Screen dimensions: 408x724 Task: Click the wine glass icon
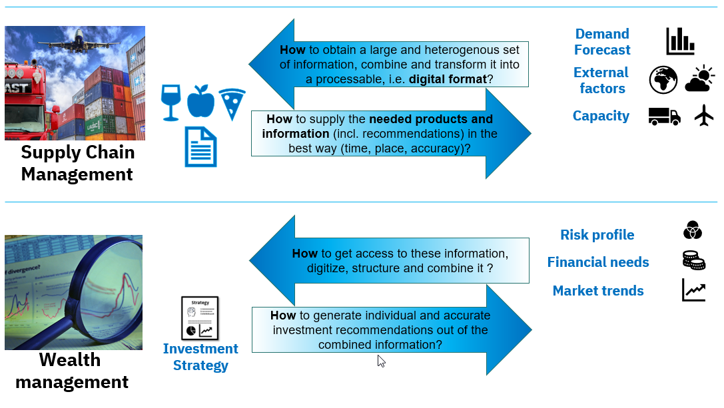pos(171,102)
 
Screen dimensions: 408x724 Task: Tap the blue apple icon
pos(200,102)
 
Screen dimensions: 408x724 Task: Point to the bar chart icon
pos(680,41)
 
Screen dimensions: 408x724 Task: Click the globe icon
pos(663,80)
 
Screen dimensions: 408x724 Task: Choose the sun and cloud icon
pos(700,79)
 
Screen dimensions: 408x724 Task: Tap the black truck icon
pos(664,116)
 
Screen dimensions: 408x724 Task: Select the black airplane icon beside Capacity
pos(703,115)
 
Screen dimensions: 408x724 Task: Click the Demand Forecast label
pos(601,42)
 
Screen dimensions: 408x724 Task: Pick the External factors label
pos(601,81)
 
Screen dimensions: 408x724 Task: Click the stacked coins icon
pos(693,260)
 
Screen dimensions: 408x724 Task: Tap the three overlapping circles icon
pos(693,230)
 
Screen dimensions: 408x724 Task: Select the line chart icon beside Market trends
pos(693,290)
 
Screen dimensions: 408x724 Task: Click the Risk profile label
pos(597,235)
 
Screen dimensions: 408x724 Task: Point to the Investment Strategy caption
pos(200,357)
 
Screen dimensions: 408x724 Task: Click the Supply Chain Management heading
pos(77,163)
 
